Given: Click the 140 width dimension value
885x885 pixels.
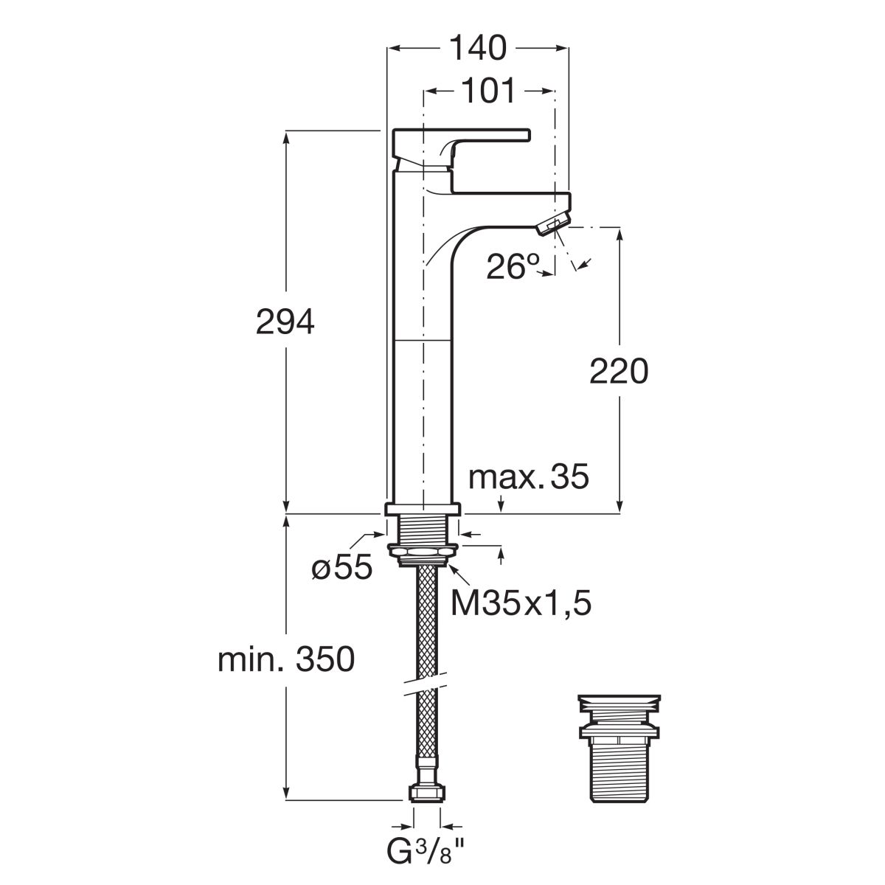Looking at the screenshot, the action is coord(478,48).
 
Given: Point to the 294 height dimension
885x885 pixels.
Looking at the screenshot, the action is coord(285,322).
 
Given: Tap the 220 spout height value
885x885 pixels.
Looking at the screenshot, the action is coord(619,372).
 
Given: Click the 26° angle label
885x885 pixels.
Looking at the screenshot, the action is coord(513,266).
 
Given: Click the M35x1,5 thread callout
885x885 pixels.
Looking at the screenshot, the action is coord(521,603).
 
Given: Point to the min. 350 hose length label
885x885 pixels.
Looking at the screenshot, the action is coord(286,660).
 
